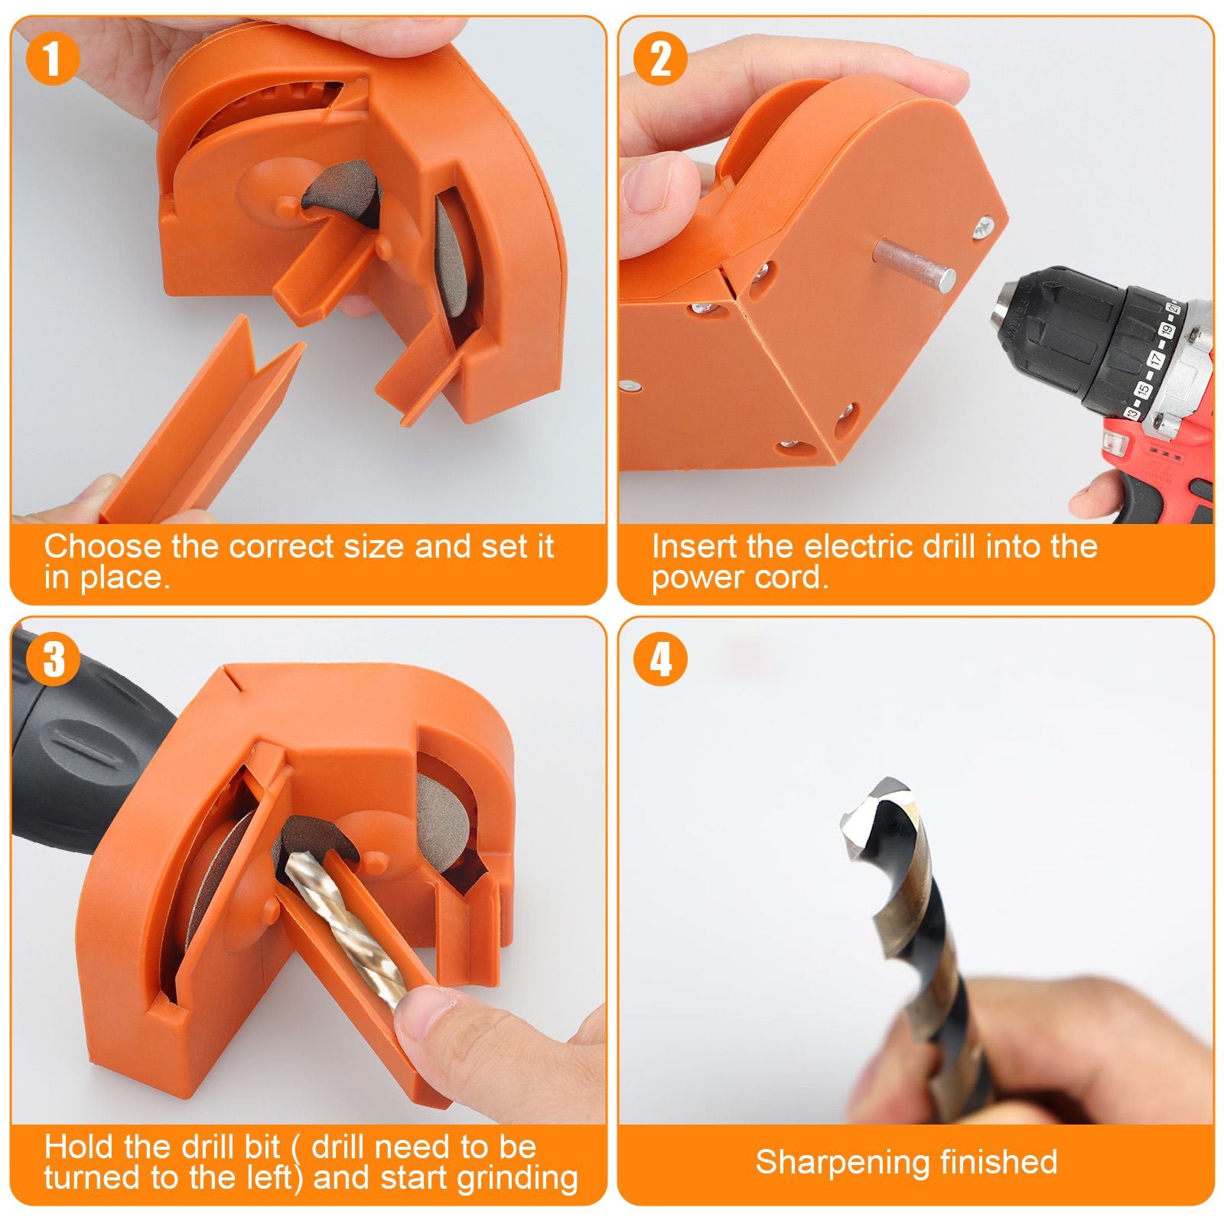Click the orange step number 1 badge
(x=51, y=59)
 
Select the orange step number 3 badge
(x=51, y=659)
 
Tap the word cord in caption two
(x=793, y=578)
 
